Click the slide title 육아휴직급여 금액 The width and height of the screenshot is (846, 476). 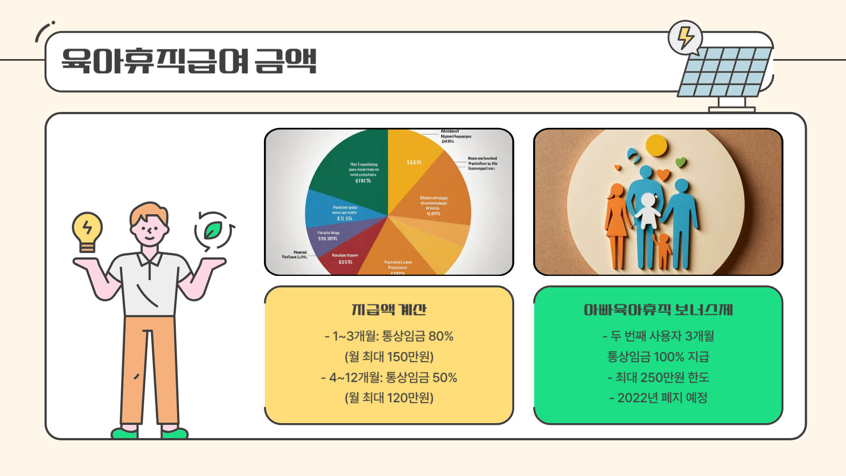189,61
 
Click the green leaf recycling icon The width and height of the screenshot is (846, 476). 214,231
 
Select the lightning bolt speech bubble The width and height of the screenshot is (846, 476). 684,37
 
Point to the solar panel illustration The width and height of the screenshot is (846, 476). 725,73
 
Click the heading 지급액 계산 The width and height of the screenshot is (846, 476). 389,309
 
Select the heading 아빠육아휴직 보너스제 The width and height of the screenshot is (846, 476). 658,310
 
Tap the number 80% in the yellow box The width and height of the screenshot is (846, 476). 441,336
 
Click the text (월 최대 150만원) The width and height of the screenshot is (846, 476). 389,357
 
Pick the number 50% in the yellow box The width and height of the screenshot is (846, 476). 444,378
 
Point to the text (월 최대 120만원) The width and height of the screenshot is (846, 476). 389,398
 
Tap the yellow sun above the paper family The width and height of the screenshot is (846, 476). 656,145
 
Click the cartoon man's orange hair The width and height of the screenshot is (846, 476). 148,212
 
